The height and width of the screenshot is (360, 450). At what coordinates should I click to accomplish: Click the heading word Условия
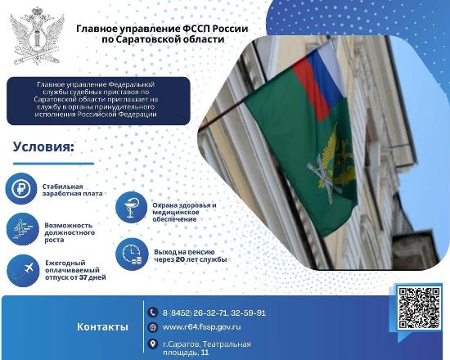[43, 147]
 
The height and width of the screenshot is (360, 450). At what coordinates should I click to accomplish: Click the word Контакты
[102, 327]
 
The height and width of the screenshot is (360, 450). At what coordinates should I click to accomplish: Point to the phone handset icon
[151, 313]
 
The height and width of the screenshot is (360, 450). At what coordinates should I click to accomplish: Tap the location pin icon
[151, 344]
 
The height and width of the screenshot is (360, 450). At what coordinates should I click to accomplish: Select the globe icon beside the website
[151, 327]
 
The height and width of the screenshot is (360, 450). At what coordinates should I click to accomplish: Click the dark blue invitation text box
[97, 100]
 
